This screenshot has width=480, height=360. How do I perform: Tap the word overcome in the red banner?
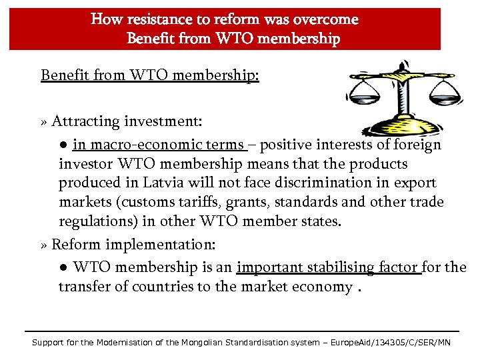click(325, 19)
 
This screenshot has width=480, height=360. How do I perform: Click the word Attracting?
click(83, 121)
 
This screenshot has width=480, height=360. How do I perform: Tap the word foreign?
click(417, 145)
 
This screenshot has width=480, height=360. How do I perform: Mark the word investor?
click(85, 163)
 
